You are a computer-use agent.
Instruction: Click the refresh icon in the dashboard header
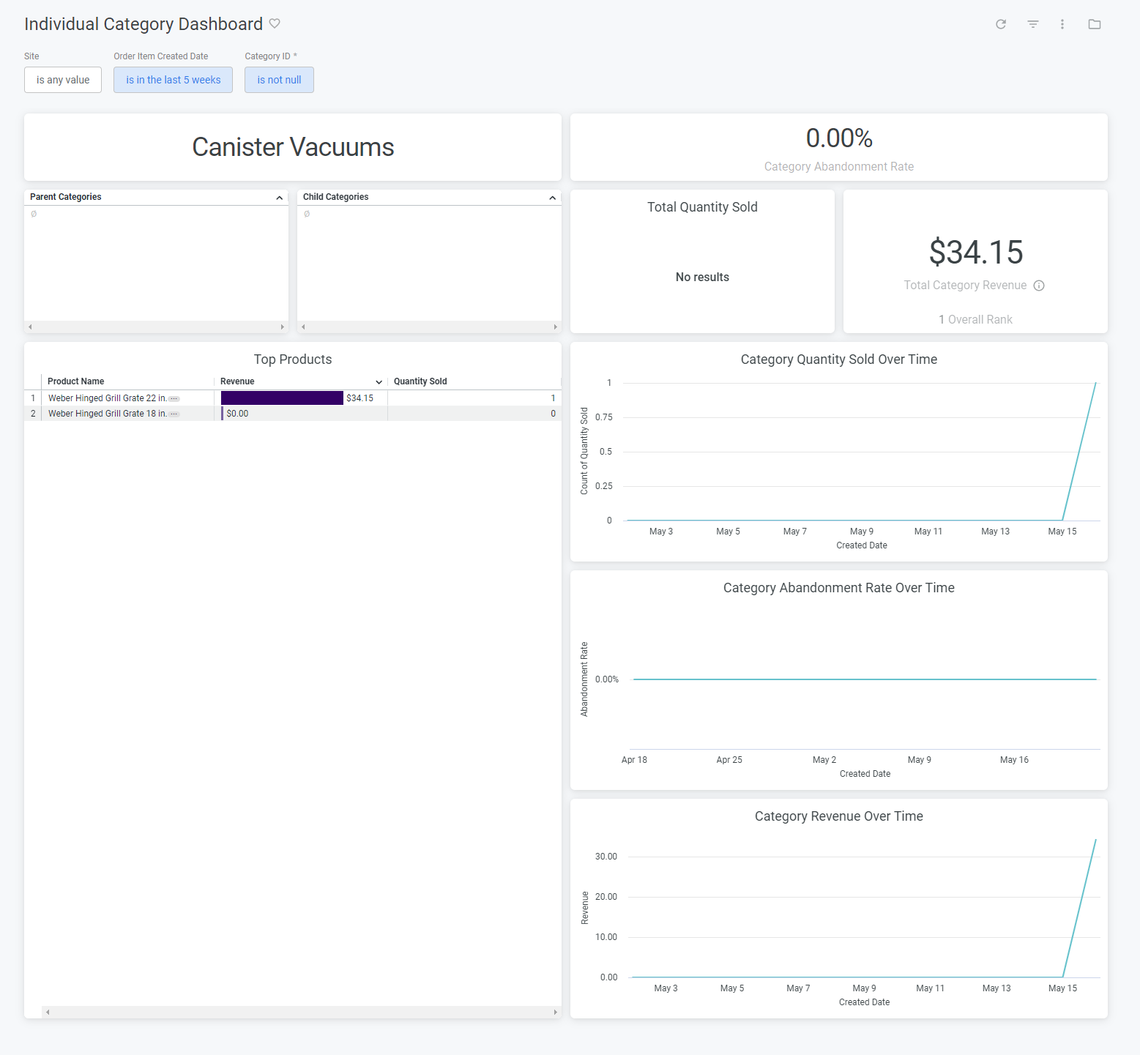pos(1001,24)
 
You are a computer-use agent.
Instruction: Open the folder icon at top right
pos(1095,24)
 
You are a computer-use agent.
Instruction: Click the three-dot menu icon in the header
pos(1062,24)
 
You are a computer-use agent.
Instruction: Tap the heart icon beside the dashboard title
pos(275,23)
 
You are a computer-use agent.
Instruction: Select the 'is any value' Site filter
pos(63,80)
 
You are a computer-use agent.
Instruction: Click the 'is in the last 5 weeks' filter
pos(173,80)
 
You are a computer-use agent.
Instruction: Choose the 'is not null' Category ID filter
pos(279,80)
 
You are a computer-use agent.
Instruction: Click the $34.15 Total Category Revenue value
pos(975,253)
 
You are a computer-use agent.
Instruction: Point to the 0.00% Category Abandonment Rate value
pos(838,138)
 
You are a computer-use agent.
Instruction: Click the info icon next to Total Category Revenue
pos(1039,286)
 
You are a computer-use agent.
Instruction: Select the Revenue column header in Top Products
pos(237,381)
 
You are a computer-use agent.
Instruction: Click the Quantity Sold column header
pos(420,381)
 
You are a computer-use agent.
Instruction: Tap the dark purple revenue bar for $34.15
pos(282,398)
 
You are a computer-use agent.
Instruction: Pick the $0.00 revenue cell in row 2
pos(237,414)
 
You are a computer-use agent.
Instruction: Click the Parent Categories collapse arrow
pos(279,198)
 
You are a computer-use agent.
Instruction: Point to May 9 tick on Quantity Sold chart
pos(861,532)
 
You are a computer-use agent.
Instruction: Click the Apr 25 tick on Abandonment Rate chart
pos(729,760)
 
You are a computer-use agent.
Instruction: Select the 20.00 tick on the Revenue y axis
pos(606,897)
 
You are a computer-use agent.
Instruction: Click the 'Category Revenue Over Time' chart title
pos(838,816)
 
